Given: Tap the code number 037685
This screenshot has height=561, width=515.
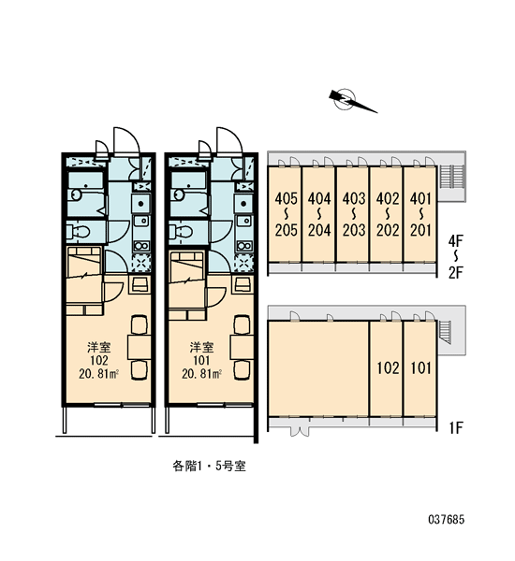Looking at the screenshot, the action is pos(447,519).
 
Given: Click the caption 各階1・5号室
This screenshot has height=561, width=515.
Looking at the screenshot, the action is pos(210,466).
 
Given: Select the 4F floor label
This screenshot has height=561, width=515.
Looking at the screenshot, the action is pos(455,240).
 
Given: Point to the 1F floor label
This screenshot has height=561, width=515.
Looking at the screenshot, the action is pos(456,427).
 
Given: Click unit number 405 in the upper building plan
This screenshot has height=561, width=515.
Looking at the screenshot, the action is pos(286,198).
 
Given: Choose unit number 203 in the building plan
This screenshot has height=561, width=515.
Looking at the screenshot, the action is pos(354,230).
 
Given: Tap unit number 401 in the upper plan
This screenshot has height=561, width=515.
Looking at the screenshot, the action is pos(420,198).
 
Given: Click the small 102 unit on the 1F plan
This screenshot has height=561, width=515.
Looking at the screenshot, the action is pos(388,367).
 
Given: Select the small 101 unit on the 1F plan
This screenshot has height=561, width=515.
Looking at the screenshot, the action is pos(420,367).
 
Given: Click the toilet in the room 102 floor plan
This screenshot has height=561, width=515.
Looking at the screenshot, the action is pos(78,232).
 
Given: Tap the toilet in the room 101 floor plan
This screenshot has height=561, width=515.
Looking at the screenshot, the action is pos(181,232).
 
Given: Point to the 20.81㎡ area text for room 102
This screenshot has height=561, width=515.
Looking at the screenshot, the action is pos(99,374).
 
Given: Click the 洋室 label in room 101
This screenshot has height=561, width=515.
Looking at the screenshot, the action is pos(201,347).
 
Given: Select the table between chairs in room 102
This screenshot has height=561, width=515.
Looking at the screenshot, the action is pos(140,347).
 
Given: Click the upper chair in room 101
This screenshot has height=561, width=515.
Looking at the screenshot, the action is pos(242,324).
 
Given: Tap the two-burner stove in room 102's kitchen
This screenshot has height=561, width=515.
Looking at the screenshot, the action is pos(141,246).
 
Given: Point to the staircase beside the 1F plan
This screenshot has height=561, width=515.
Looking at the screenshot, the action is pos(445,331).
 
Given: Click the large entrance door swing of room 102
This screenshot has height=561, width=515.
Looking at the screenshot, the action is pos(126,140).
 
